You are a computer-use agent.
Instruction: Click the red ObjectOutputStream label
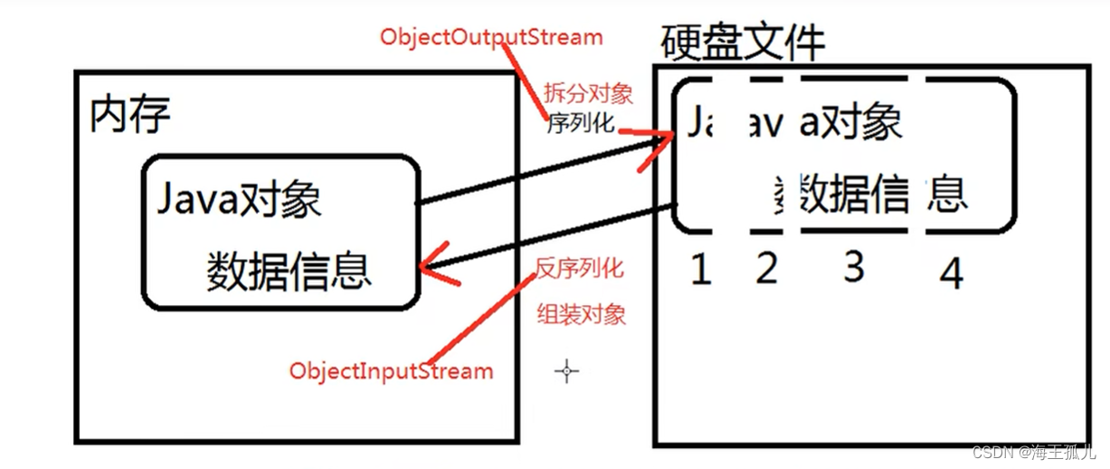[490, 38]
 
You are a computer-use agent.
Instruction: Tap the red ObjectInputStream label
[391, 370]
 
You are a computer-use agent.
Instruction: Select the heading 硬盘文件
[743, 42]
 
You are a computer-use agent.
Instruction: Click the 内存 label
[130, 115]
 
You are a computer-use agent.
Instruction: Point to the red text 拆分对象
[587, 93]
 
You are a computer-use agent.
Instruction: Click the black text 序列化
[581, 124]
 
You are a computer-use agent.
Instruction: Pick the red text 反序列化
[579, 268]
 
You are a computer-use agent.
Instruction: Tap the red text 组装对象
[581, 314]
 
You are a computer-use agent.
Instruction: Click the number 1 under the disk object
[700, 269]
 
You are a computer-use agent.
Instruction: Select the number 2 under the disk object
[766, 268]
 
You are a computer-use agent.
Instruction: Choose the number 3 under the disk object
[853, 267]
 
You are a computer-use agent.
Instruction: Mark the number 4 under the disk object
[951, 273]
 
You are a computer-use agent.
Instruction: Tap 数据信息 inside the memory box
[289, 271]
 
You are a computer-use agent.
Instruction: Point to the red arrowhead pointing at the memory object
[435, 263]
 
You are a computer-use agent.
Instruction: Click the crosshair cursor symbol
[567, 370]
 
